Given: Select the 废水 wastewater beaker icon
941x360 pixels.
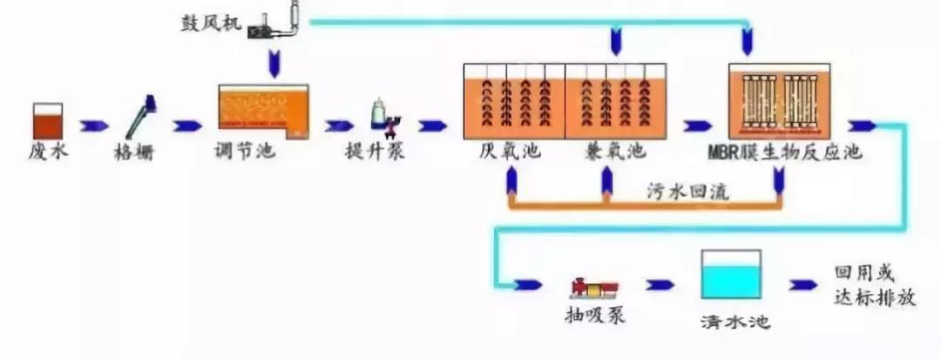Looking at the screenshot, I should click(x=47, y=120).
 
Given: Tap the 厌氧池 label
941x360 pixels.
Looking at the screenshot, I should click(x=510, y=151).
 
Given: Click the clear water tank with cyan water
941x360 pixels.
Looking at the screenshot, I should click(x=731, y=276).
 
